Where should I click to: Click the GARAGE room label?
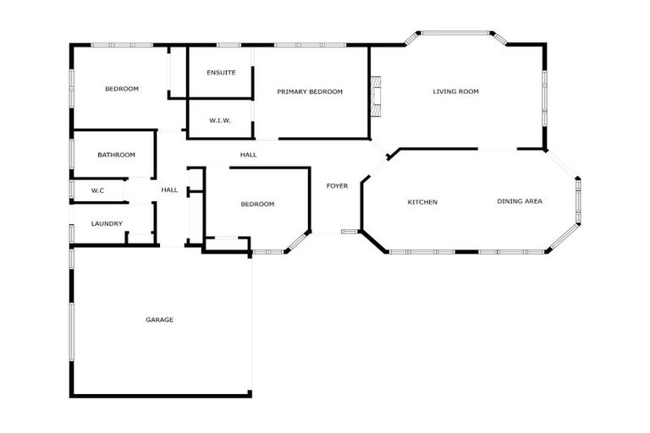(x=159, y=320)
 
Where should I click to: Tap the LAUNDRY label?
(x=107, y=224)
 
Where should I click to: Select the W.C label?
(x=97, y=190)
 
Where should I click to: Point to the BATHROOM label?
(x=116, y=155)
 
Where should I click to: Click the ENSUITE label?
(x=221, y=73)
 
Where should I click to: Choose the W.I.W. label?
(x=220, y=120)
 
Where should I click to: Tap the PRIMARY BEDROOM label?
(x=310, y=91)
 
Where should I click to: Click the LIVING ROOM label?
(x=456, y=91)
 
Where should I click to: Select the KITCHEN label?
(x=422, y=202)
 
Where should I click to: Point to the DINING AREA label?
(x=520, y=201)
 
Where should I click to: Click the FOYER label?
(x=337, y=186)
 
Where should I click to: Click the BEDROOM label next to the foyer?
(x=257, y=204)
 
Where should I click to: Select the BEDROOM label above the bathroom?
(x=122, y=89)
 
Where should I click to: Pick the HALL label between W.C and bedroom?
(x=169, y=190)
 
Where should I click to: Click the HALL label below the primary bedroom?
(x=248, y=155)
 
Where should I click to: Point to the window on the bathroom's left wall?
(x=71, y=154)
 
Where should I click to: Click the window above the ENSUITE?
(x=229, y=45)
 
